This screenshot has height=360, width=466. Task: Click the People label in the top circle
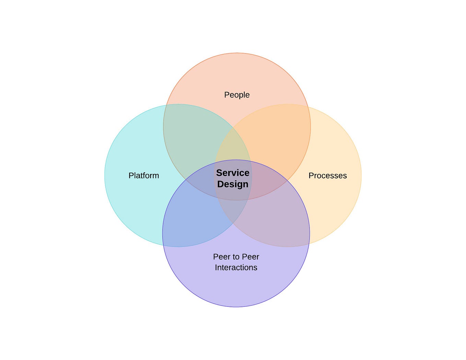point(237,95)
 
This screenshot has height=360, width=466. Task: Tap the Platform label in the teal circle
point(144,175)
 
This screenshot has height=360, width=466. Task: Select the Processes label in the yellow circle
point(327,175)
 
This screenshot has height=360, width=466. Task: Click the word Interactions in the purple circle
point(236,267)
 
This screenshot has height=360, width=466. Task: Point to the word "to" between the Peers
point(236,257)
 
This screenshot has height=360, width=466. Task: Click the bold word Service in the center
point(233,173)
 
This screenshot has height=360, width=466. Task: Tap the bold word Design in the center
point(233,184)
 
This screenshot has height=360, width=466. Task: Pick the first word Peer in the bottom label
point(222,257)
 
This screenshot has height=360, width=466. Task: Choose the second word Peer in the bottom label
point(251,257)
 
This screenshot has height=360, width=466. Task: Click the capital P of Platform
point(131,175)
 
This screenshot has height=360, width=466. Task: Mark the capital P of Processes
point(311,175)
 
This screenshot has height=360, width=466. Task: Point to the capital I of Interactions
point(216,267)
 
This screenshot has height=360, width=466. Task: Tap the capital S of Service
point(219,173)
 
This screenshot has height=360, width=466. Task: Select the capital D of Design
point(221,184)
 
